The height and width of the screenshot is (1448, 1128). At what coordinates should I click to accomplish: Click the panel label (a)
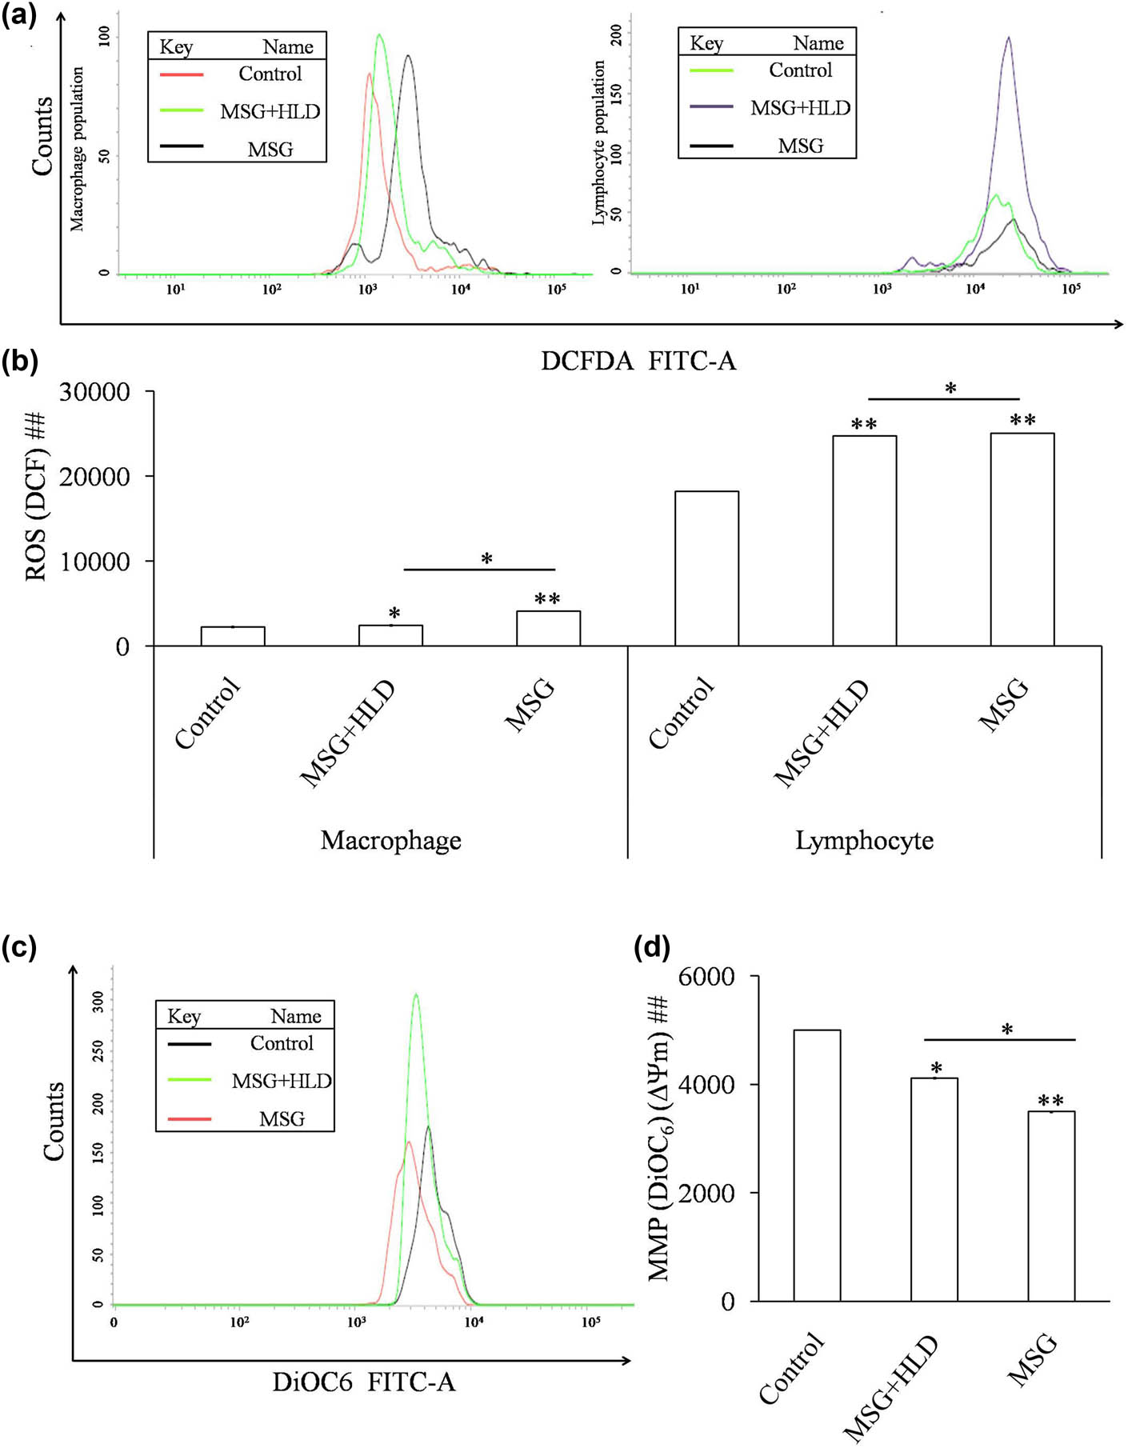(x=19, y=15)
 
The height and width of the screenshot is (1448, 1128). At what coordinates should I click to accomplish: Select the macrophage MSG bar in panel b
(x=548, y=628)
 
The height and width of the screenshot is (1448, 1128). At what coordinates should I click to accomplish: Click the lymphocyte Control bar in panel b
(x=706, y=568)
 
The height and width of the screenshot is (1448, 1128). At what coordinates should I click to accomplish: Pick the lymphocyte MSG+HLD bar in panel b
(x=864, y=541)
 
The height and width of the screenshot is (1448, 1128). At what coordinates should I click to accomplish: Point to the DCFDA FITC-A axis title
(x=638, y=362)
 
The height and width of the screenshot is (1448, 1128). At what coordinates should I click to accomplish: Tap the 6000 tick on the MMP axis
(x=706, y=977)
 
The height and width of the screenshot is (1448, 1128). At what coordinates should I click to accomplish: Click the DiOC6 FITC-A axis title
(x=363, y=1382)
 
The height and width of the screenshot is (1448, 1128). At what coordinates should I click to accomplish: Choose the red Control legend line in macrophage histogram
(x=182, y=74)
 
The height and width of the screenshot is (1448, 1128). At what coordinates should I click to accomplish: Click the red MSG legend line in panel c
(x=189, y=1118)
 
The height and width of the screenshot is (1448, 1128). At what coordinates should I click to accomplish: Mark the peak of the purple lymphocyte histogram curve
(x=1009, y=38)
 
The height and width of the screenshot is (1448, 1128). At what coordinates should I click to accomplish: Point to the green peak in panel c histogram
(x=415, y=995)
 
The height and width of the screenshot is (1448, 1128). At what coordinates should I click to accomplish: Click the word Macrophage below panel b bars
(x=390, y=840)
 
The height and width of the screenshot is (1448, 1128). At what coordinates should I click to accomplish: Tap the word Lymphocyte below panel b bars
(x=864, y=840)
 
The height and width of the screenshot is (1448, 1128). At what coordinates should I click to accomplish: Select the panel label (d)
(x=651, y=948)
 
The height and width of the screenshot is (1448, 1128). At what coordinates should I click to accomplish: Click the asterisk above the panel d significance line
(x=1007, y=1029)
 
